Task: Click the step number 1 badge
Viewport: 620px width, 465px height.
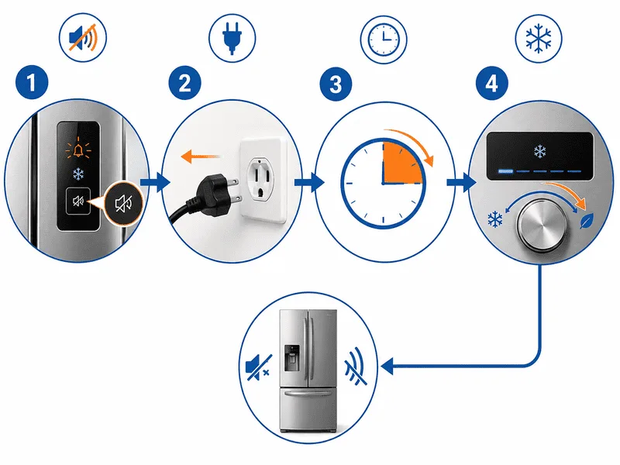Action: click(x=32, y=83)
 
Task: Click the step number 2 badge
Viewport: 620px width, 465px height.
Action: click(x=185, y=83)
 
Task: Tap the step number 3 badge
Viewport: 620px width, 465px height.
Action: click(x=336, y=84)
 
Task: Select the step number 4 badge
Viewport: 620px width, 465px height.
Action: click(x=491, y=83)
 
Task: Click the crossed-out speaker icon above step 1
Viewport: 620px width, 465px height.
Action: click(x=83, y=38)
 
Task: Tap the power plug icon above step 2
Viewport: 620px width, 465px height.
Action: click(x=232, y=38)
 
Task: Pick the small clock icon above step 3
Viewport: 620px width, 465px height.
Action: click(x=384, y=40)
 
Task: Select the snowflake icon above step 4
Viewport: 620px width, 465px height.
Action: click(x=539, y=39)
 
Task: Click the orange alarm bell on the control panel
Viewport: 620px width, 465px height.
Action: click(x=78, y=150)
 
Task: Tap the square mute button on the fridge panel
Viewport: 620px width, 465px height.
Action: click(x=78, y=201)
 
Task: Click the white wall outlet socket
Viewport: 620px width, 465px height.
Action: click(x=263, y=180)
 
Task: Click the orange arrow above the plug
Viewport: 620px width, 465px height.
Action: click(x=200, y=157)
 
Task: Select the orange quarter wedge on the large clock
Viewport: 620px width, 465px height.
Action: click(x=401, y=164)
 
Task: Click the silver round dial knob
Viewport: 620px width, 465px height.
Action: click(x=542, y=225)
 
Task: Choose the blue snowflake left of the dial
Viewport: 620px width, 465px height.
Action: click(x=494, y=219)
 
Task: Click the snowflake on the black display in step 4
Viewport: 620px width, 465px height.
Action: click(x=539, y=151)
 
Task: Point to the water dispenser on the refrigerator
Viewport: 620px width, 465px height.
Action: click(x=292, y=357)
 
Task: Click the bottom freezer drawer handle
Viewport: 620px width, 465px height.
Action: click(x=308, y=393)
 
